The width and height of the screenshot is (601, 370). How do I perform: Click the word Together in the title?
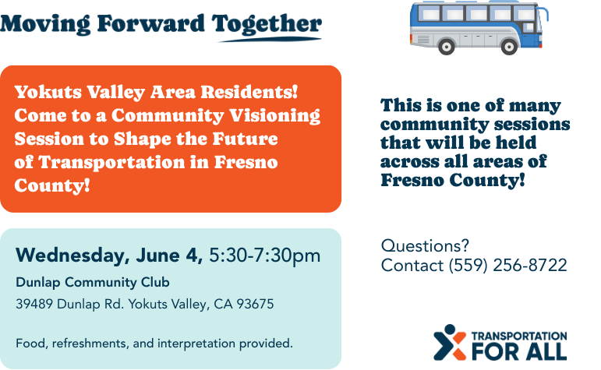267,24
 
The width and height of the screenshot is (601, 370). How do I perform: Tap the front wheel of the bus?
509,46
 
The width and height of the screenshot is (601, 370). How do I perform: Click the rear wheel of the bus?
446,46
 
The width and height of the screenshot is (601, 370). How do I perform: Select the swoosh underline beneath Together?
270,40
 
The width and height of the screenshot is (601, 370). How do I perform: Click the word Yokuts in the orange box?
48,92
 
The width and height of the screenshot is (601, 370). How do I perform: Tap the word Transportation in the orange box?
111,162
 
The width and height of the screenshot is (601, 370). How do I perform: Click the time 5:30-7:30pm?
264,255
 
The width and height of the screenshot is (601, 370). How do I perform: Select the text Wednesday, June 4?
109,255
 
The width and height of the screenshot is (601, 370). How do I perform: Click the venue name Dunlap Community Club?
93,282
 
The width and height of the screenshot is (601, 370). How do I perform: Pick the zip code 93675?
255,304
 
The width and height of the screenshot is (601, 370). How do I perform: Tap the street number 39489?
34,304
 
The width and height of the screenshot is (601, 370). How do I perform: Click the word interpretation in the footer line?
196,344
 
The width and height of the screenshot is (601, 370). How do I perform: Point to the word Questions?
425,245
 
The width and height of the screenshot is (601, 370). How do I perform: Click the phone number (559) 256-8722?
508,266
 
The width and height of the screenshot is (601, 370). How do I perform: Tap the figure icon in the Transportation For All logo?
450,343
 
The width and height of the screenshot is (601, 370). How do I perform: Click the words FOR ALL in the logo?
519,351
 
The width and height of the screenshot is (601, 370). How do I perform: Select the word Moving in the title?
46,24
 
